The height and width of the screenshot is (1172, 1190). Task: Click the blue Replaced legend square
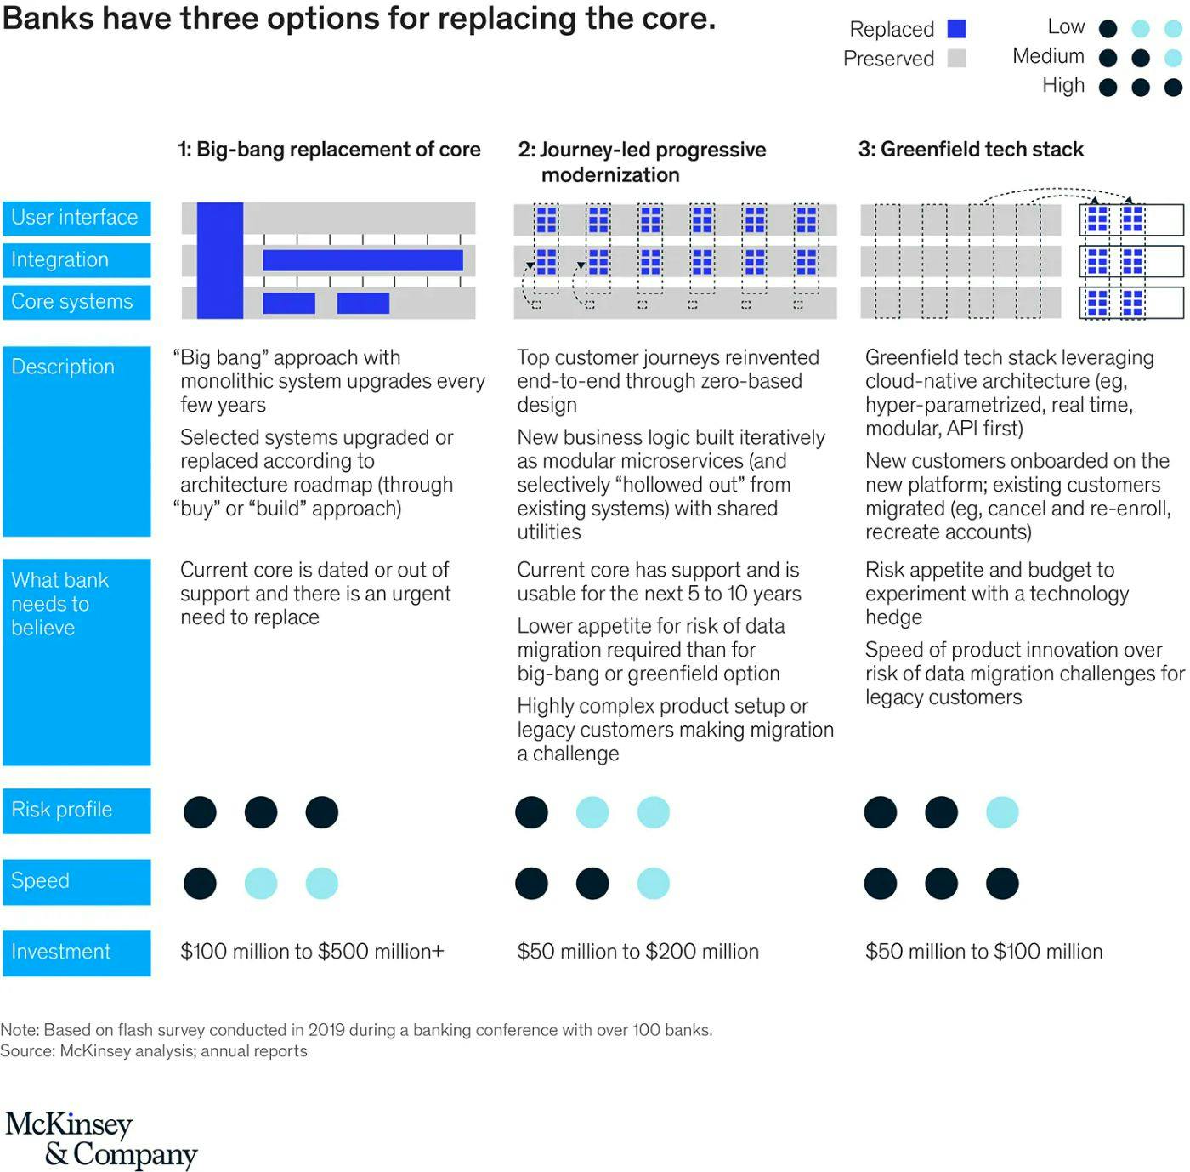[956, 29]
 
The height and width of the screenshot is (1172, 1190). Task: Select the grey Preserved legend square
[956, 58]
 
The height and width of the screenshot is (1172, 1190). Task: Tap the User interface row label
[76, 218]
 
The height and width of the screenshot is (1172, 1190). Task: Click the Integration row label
[76, 260]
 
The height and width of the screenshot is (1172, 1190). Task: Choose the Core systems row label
[76, 302]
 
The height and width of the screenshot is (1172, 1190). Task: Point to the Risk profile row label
[76, 810]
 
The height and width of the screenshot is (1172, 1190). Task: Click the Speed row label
[76, 881]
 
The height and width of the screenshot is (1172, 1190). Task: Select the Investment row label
[76, 952]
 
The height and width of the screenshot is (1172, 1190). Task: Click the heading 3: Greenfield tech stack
[971, 150]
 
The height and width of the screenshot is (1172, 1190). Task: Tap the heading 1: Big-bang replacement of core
[329, 150]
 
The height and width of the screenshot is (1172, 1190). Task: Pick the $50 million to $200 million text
[637, 952]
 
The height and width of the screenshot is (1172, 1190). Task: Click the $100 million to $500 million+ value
[312, 952]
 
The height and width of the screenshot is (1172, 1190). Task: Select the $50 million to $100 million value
[983, 952]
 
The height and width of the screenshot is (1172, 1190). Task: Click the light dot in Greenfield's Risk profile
[1002, 812]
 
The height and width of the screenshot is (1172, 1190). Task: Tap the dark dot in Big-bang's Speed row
[200, 883]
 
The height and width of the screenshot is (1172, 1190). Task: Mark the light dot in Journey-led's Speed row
[653, 883]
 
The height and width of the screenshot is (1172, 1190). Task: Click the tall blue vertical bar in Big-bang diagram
[220, 260]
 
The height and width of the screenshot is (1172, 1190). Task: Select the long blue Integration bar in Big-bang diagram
[363, 260]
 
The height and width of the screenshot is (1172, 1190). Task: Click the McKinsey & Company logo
[101, 1139]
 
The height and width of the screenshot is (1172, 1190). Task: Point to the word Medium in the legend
[1048, 56]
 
